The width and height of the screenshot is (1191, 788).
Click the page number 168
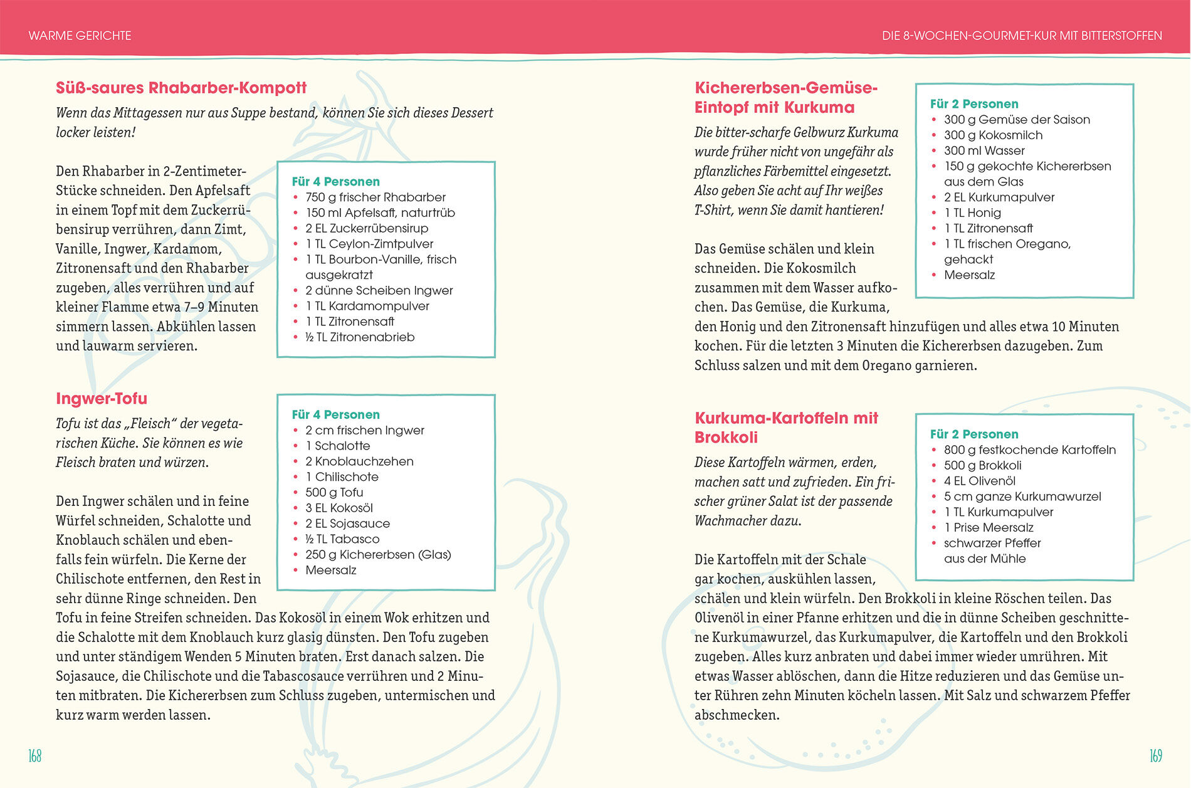[x=35, y=756]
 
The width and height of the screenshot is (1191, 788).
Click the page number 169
[x=1155, y=756]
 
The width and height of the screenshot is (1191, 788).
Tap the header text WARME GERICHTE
[x=80, y=36]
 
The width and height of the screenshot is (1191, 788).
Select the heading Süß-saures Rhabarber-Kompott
[x=181, y=88]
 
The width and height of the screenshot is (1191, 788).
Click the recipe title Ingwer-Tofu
[x=102, y=399]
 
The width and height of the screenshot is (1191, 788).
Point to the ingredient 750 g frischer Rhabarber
[x=375, y=197]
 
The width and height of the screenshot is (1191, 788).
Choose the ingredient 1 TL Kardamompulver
[x=367, y=306]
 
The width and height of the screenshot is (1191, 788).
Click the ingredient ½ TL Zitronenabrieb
[x=360, y=337]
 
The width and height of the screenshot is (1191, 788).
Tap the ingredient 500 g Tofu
[x=334, y=493]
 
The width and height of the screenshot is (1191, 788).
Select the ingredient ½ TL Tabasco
[x=342, y=539]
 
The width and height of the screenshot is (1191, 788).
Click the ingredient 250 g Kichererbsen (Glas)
[x=378, y=555]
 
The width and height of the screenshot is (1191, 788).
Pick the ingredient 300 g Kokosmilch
[x=993, y=135]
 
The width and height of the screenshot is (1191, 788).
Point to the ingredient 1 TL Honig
[x=972, y=213]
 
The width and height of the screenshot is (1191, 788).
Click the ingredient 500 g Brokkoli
[x=982, y=466]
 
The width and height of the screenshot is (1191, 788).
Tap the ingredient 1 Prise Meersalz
[x=989, y=528]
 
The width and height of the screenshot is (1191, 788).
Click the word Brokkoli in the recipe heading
[x=726, y=438]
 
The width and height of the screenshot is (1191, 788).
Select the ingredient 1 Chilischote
[x=342, y=477]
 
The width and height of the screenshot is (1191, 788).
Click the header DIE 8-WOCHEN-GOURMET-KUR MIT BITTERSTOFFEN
[x=1022, y=36]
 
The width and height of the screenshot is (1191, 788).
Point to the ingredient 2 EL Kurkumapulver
[x=999, y=197]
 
